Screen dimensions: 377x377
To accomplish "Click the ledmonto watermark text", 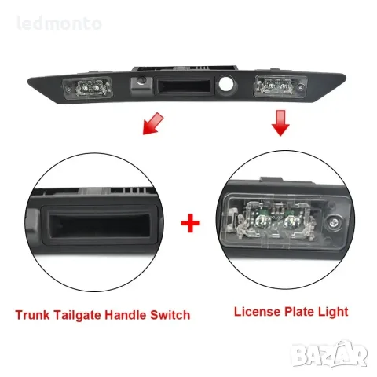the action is (59, 24).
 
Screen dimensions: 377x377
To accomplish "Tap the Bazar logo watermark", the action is (329, 354).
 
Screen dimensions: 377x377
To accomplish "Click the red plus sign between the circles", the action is (190, 223).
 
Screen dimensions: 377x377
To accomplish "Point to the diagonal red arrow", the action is (153, 123).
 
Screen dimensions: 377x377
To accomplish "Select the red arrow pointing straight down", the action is (280, 123).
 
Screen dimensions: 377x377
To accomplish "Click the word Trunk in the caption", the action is (32, 315).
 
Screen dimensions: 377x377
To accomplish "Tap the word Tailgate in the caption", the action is (78, 316).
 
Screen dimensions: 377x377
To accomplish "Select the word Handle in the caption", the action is (126, 315).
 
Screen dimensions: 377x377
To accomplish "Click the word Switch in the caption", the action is (170, 315).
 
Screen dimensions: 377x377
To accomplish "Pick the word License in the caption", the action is (257, 312).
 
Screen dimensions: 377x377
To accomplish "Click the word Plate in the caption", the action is (299, 312).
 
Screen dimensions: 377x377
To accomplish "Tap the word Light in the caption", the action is (333, 312).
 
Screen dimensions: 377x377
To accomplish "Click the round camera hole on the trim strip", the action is (225, 83).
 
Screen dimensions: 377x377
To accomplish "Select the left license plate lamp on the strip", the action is (88, 88).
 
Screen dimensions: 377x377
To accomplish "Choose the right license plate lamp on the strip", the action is (281, 86).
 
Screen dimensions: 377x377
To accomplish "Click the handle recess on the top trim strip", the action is (184, 86).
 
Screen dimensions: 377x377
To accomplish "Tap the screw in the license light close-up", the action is (334, 222).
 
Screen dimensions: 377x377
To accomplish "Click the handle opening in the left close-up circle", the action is (100, 225).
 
